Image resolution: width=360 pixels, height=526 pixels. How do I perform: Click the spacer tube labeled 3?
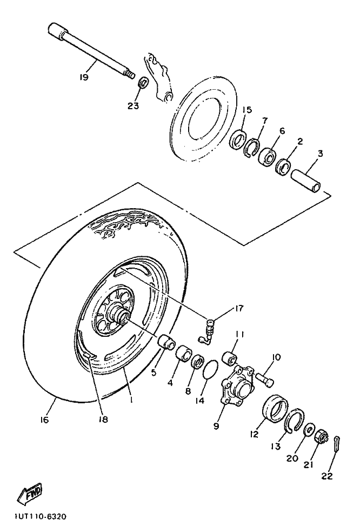pyautogui.click(x=306, y=181)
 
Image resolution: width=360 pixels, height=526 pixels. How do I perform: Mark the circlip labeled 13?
pyautogui.click(x=295, y=421)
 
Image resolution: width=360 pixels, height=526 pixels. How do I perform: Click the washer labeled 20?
pyautogui.click(x=309, y=430)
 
